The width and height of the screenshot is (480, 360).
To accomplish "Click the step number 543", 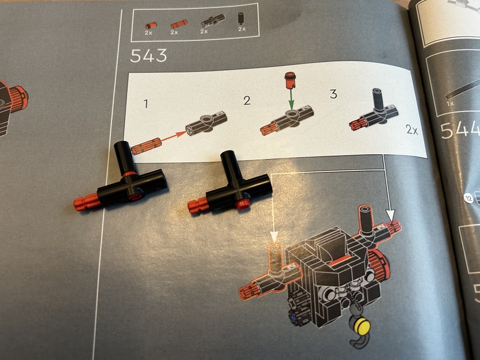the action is (x=148, y=56).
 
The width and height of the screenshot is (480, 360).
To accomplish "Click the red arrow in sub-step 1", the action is (x=174, y=136).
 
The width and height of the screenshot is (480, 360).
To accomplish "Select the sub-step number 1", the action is (x=146, y=103).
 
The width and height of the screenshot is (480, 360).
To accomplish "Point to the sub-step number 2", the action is (x=247, y=100).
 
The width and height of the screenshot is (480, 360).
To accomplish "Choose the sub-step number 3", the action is (x=334, y=94).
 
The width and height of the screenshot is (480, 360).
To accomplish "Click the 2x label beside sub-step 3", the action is (x=412, y=130).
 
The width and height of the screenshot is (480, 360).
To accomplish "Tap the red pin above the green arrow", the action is (x=290, y=80).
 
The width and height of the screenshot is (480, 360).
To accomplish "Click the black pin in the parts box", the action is (x=241, y=19).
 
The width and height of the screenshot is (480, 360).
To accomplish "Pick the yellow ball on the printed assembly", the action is (x=362, y=326).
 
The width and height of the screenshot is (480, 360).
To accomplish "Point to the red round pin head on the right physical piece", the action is (x=244, y=203).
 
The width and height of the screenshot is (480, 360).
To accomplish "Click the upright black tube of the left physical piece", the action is (x=125, y=158).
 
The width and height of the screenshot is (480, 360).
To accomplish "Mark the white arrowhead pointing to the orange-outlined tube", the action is (x=274, y=236).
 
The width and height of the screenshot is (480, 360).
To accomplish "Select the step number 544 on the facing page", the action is (x=459, y=130).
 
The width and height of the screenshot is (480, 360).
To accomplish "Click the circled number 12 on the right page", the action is (x=469, y=199).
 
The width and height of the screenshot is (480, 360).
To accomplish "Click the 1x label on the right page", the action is (x=450, y=103).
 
